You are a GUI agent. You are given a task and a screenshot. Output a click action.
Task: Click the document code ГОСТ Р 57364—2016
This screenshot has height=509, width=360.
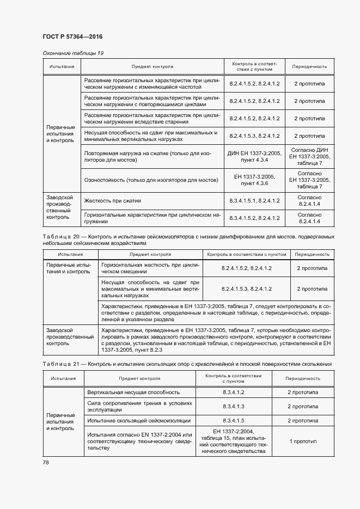(x=72, y=36)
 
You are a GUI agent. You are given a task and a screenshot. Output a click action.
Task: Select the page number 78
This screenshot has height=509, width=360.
(x=45, y=462)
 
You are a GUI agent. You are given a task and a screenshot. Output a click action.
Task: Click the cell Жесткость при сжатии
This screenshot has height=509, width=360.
(x=111, y=201)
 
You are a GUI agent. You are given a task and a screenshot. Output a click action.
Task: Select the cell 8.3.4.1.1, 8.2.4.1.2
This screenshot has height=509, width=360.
(x=254, y=201)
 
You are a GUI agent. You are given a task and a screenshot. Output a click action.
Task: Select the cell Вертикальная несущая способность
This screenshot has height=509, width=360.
(x=132, y=392)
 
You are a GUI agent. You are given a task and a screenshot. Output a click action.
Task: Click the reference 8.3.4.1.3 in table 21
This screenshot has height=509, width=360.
(x=233, y=406)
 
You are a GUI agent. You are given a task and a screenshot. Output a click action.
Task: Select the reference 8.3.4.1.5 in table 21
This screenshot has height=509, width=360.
(x=233, y=420)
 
